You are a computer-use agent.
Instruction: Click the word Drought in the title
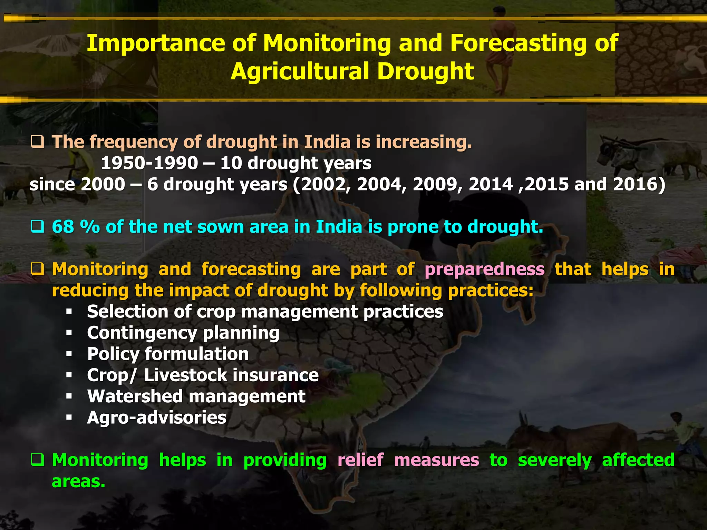(425, 71)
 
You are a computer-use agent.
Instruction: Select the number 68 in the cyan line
(63, 227)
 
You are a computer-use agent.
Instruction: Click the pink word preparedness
(484, 269)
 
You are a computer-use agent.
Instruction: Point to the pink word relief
(360, 460)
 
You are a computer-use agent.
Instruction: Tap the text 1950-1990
(149, 163)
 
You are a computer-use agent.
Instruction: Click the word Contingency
(142, 333)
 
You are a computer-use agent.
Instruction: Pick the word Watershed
(135, 396)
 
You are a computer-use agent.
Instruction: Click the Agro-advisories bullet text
(157, 418)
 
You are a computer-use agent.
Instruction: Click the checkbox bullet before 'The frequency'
(37, 142)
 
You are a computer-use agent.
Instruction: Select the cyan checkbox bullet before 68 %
(37, 227)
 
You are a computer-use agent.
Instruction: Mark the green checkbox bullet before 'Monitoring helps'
(37, 460)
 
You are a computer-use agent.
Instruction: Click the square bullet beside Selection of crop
(69, 312)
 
